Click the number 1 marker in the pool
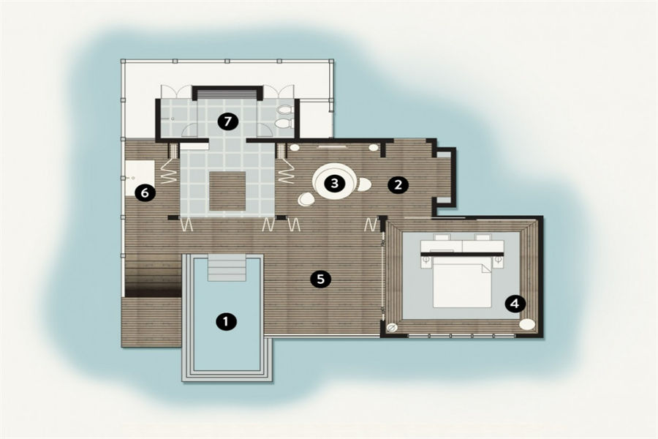pos(226,321)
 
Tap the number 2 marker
pos(398,185)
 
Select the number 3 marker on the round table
pos(334,183)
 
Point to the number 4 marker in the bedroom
pos(515,304)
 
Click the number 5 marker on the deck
pos(321,279)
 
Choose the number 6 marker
pos(145,193)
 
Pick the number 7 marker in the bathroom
pos(227,122)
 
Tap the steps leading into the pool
pos(227,268)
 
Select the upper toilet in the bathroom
pos(285,110)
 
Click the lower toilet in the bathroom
pos(284,124)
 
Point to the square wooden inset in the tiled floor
pos(227,191)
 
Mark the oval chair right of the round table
pos(363,184)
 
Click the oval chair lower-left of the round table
pos(306,199)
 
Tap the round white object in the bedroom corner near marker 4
pos(527,324)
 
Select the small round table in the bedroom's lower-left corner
pos(393,328)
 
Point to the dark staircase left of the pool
pos(154,277)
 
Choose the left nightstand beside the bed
pos(426,261)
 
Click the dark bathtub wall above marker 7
pos(227,89)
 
